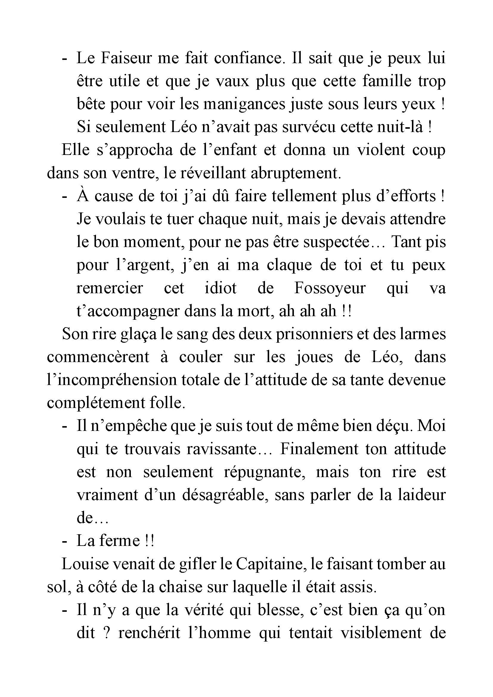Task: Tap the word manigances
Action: pyautogui.click(x=244, y=104)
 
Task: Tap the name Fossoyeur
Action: pyautogui.click(x=330, y=288)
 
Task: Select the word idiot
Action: pyautogui.click(x=221, y=288)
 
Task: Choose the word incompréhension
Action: pyautogui.click(x=112, y=380)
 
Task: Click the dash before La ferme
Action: pyautogui.click(x=64, y=541)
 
